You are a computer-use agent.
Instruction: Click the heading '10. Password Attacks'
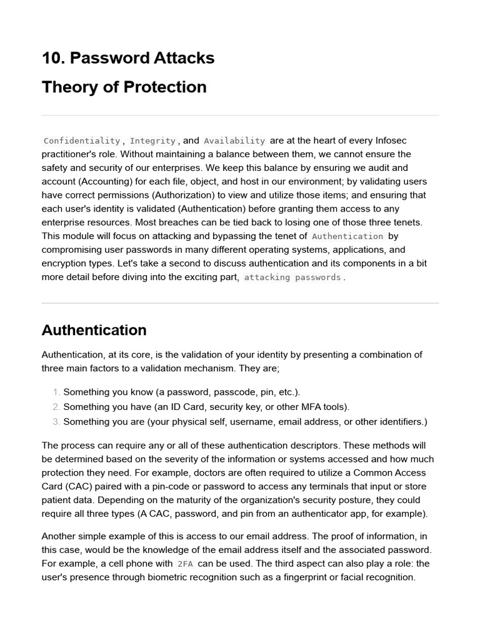coord(128,58)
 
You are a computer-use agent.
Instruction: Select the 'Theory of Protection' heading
coord(124,87)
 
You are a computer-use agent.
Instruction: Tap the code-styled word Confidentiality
coord(82,141)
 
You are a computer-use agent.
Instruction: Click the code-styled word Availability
coord(234,141)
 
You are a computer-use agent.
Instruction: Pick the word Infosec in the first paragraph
coord(389,140)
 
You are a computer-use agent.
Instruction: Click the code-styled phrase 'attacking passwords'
coord(292,277)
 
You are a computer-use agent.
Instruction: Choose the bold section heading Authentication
coord(94,330)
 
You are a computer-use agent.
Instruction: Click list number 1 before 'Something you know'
coord(56,393)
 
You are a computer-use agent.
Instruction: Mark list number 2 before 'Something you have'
coord(56,407)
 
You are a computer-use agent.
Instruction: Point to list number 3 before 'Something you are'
coord(56,422)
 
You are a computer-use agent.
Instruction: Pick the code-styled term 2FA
coord(185,564)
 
